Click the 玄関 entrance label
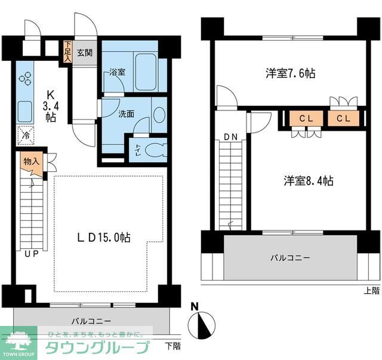85,53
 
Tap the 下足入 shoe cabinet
68,52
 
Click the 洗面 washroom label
125,113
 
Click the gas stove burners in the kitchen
25,78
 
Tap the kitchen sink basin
25,110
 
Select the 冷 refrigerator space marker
25,136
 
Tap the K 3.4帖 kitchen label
51,106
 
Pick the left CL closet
306,118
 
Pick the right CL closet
343,118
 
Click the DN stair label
231,137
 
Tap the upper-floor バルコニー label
290,258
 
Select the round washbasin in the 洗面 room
158,115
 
